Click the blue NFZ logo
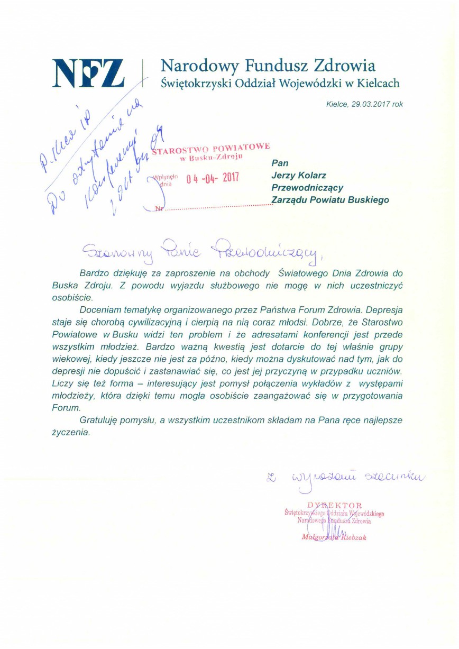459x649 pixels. point(88,72)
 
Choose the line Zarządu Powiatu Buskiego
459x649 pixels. point(330,200)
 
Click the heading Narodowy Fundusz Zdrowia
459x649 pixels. point(268,66)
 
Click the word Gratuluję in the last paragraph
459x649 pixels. point(98,421)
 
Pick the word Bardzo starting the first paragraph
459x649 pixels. point(95,274)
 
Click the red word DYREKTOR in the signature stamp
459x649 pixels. point(334,505)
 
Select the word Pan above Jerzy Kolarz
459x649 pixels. point(280,163)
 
